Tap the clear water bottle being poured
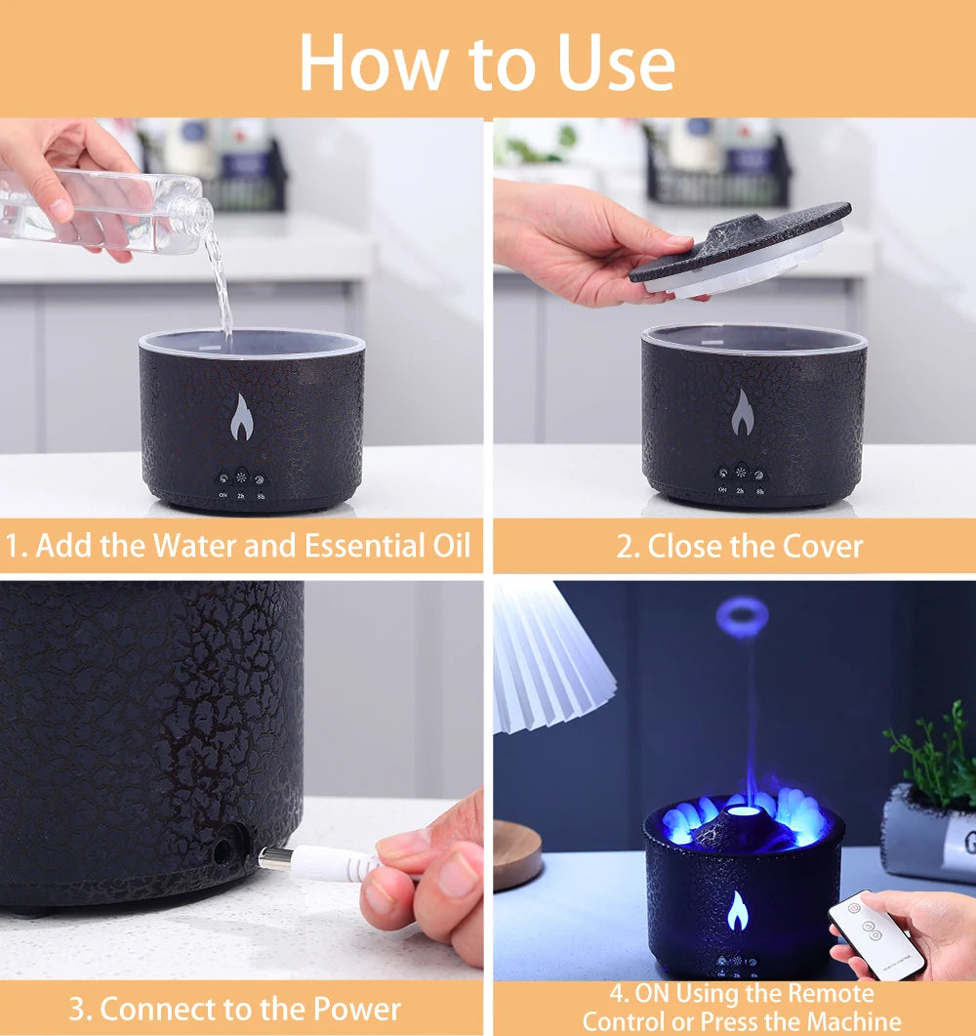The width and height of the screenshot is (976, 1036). [107, 210]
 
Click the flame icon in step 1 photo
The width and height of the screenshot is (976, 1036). [241, 417]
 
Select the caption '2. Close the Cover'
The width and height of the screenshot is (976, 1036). [739, 546]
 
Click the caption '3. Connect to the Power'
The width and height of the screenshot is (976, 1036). [235, 1008]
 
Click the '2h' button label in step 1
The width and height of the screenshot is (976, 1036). [241, 496]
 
